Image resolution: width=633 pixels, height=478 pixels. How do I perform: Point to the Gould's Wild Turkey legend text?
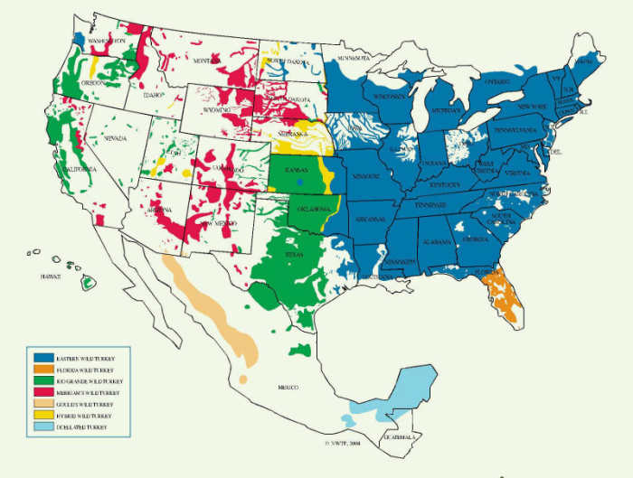[x=85, y=404]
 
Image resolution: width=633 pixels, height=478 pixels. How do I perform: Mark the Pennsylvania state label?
[x=515, y=130]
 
